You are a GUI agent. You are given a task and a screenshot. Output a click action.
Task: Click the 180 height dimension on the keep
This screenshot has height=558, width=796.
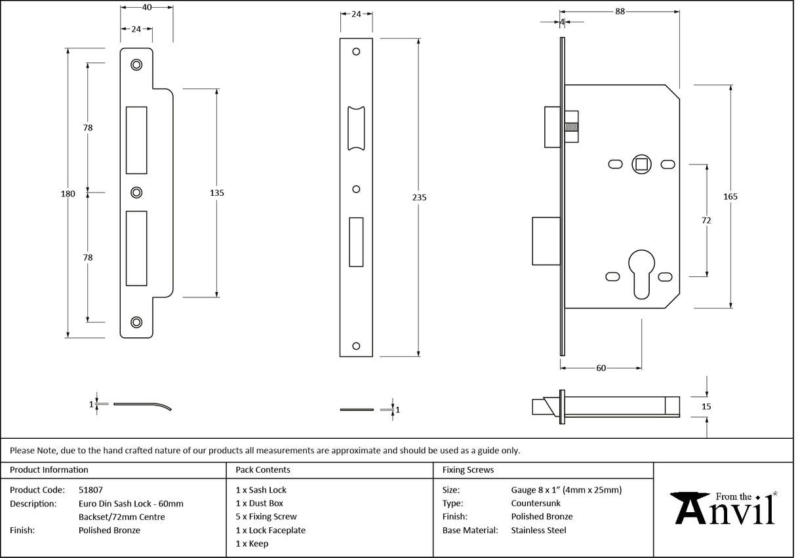[x=68, y=194]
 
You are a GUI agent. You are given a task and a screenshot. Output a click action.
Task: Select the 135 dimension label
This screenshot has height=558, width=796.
[x=217, y=193]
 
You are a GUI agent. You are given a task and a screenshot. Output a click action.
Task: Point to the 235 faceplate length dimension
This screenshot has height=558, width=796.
[x=419, y=197]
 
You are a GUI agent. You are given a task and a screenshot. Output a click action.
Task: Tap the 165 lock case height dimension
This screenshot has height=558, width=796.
[x=731, y=196]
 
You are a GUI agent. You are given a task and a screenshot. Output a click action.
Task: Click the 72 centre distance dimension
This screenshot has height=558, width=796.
[x=706, y=221]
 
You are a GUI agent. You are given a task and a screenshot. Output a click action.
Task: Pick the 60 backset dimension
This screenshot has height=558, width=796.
[x=601, y=368]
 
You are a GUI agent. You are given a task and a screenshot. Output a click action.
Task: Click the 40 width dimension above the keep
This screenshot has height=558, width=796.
[x=146, y=7]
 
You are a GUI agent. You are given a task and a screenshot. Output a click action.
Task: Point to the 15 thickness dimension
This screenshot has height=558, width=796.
[x=706, y=407]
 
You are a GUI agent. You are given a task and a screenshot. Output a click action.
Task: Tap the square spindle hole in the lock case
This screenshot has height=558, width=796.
[x=640, y=164]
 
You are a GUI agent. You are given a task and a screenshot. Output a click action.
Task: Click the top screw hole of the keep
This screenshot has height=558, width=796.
[x=136, y=64]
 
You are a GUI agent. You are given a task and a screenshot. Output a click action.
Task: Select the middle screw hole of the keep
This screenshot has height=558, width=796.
[x=136, y=193]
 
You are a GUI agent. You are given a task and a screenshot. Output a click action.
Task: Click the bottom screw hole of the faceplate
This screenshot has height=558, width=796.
[x=356, y=346]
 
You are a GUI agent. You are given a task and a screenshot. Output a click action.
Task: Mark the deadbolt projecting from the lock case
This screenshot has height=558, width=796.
[x=546, y=241]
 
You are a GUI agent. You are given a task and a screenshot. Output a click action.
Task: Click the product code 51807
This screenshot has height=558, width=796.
[x=90, y=490]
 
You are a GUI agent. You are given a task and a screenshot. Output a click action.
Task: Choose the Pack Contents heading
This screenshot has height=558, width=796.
[x=262, y=470]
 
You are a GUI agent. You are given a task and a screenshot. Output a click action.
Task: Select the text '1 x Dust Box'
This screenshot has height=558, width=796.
[x=259, y=504]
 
